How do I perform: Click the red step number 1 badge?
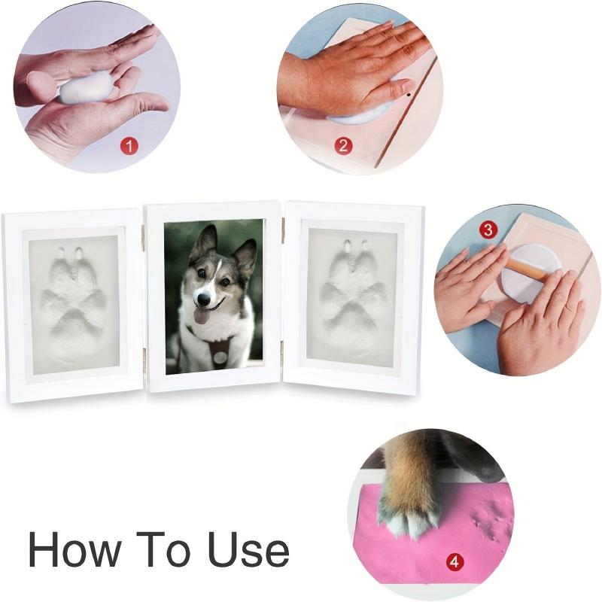[x=129, y=146]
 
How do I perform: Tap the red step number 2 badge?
[x=343, y=145]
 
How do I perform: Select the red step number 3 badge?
[x=488, y=230]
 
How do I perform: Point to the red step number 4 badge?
[x=455, y=562]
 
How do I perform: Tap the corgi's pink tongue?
[x=200, y=316]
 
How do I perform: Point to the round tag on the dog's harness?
[x=220, y=357]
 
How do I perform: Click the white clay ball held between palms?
[x=85, y=90]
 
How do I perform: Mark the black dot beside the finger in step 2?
[x=409, y=93]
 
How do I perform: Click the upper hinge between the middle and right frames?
[x=283, y=231]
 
